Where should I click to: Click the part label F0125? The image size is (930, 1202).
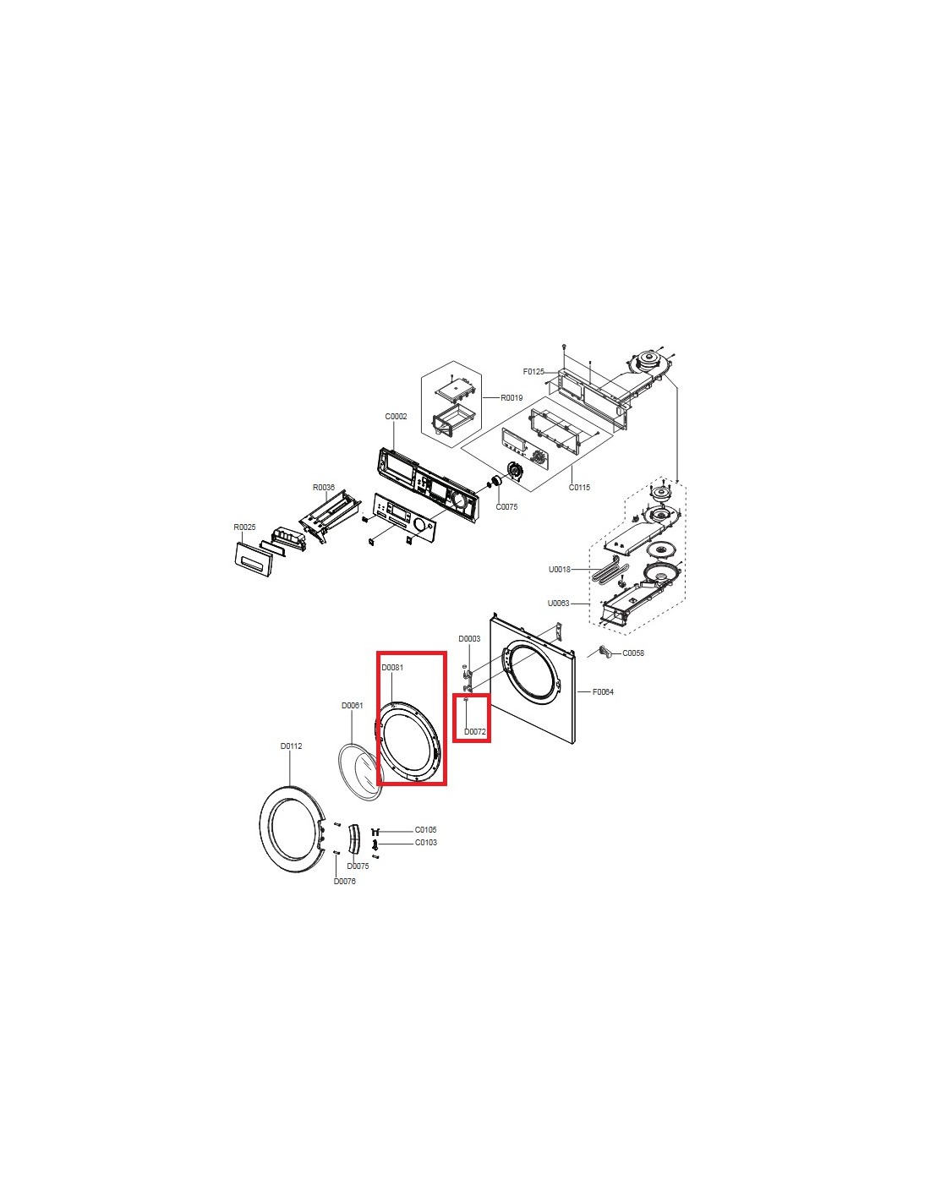[x=533, y=372]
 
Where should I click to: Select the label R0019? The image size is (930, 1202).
[x=511, y=398]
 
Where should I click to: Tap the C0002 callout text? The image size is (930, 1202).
[x=397, y=417]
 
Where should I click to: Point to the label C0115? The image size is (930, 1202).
[x=579, y=488]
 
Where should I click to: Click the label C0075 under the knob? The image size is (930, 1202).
[x=506, y=506]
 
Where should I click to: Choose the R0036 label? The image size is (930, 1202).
[x=324, y=488]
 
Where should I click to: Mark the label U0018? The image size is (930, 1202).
[x=560, y=569]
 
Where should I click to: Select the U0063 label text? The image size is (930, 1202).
[x=558, y=603]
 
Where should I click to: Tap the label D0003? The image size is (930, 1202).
[x=469, y=638]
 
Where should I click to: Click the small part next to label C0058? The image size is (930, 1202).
[x=606, y=653]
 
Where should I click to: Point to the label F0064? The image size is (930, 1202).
[x=603, y=691]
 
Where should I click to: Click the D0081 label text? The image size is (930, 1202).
[x=392, y=667]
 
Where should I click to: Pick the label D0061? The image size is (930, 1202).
[x=352, y=705]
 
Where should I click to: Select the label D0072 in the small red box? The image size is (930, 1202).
[x=474, y=731]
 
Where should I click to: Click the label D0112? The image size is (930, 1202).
[x=291, y=746]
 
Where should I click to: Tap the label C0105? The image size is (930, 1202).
[x=425, y=830]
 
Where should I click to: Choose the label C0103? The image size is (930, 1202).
[x=425, y=843]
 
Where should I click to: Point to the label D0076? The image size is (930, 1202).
[x=344, y=881]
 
